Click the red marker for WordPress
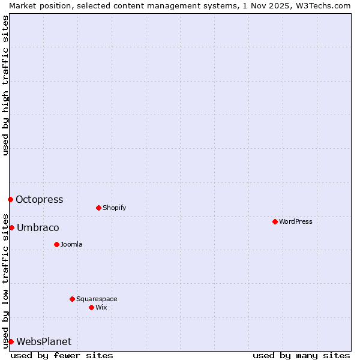pos(275,221)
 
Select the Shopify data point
pos(98,208)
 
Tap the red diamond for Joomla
pos(56,244)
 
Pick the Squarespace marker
pos(72,299)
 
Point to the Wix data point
pos(91,307)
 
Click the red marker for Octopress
pos(10,199)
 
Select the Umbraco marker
pos(11,227)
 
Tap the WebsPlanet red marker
pos(11,341)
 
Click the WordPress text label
pos(296,221)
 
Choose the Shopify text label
pos(114,208)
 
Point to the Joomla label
pos(71,244)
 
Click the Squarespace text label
pos(97,299)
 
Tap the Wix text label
pos(101,307)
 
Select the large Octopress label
pos(39,199)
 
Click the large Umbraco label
pos(38,227)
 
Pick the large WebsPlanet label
pos(44,341)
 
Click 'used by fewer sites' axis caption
pos(62,355)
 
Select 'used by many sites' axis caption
pos(301,355)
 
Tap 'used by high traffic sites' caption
pos(5,86)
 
